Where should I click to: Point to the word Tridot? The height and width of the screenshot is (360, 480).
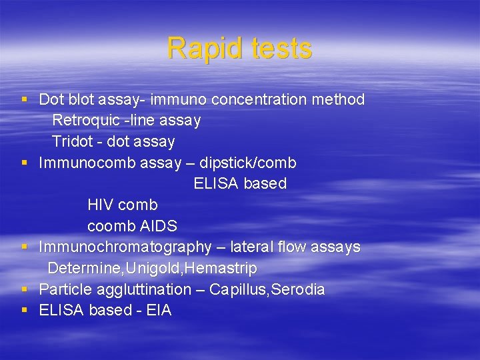pyautogui.click(x=73, y=141)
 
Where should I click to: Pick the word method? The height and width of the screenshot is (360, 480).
pyautogui.click(x=341, y=100)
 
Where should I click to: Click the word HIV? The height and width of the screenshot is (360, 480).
pyautogui.click(x=101, y=205)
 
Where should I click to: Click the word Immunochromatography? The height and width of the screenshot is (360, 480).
pyautogui.click(x=125, y=247)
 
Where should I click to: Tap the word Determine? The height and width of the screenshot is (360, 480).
pyautogui.click(x=80, y=268)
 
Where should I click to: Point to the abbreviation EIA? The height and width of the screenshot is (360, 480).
pyautogui.click(x=158, y=310)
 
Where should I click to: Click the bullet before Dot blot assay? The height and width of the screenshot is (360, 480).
pyautogui.click(x=24, y=100)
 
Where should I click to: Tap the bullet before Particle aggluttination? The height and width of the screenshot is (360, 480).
pyautogui.click(x=24, y=289)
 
